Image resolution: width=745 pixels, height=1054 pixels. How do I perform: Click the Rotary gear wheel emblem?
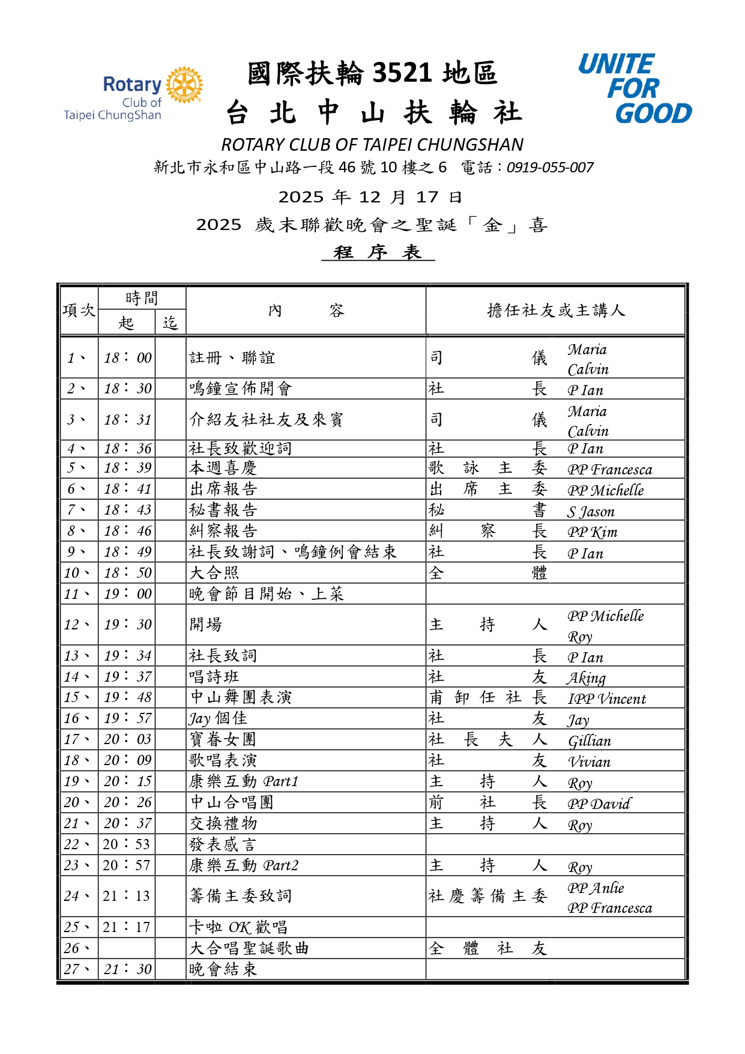[x=184, y=85]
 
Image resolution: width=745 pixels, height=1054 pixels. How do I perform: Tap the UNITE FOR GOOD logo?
[x=635, y=88]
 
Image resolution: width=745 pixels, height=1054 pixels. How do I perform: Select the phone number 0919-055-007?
[x=550, y=168]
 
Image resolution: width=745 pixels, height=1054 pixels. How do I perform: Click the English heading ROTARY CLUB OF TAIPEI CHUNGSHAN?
[x=372, y=145]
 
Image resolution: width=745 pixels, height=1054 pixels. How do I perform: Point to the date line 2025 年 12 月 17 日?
[x=370, y=197]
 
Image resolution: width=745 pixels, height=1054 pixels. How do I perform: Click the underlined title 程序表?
[x=378, y=252]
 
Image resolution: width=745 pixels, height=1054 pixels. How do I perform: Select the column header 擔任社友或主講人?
[x=556, y=310]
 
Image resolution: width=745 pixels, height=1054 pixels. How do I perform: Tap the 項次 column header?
[x=79, y=310]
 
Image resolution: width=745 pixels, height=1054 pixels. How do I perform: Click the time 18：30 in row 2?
[x=127, y=389]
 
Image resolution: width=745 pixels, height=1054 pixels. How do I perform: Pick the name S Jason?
[x=591, y=512]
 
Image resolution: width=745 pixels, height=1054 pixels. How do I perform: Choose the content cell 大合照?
[x=214, y=573]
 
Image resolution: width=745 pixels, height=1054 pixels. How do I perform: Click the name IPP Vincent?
[x=606, y=699]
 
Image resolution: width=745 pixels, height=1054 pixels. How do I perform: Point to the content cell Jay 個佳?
[x=218, y=719]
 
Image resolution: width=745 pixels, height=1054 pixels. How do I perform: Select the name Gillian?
[x=589, y=741]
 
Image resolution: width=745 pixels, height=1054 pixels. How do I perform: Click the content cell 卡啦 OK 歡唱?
[x=238, y=927]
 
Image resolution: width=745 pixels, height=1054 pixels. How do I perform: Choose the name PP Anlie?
[x=596, y=888]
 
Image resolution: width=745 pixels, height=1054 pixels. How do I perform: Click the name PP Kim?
[x=592, y=532]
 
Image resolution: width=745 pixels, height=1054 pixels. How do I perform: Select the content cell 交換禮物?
[x=223, y=823]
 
